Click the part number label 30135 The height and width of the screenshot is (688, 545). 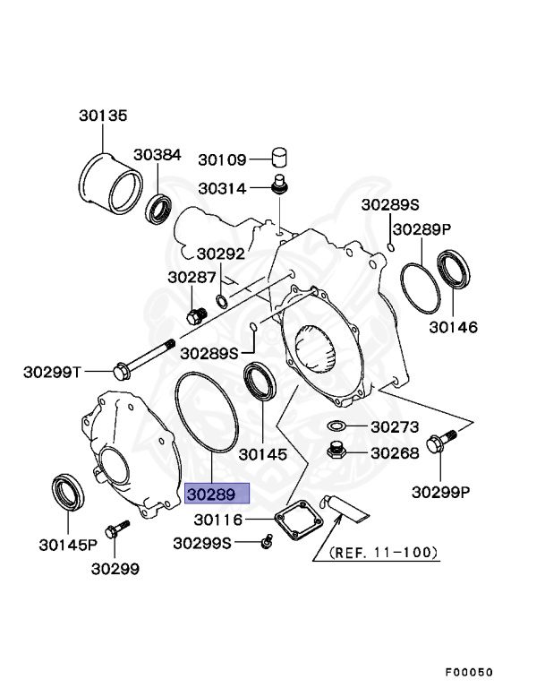pos(102,116)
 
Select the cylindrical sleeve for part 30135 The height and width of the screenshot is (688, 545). pos(110,186)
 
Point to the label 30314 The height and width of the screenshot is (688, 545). pos(222,189)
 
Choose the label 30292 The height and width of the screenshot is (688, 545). pos(221,254)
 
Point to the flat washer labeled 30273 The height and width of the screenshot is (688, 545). pos(336,426)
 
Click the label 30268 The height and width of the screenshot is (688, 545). pos(395,453)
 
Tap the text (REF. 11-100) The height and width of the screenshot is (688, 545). pos(384,554)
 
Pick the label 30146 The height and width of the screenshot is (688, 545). pos(453,328)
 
